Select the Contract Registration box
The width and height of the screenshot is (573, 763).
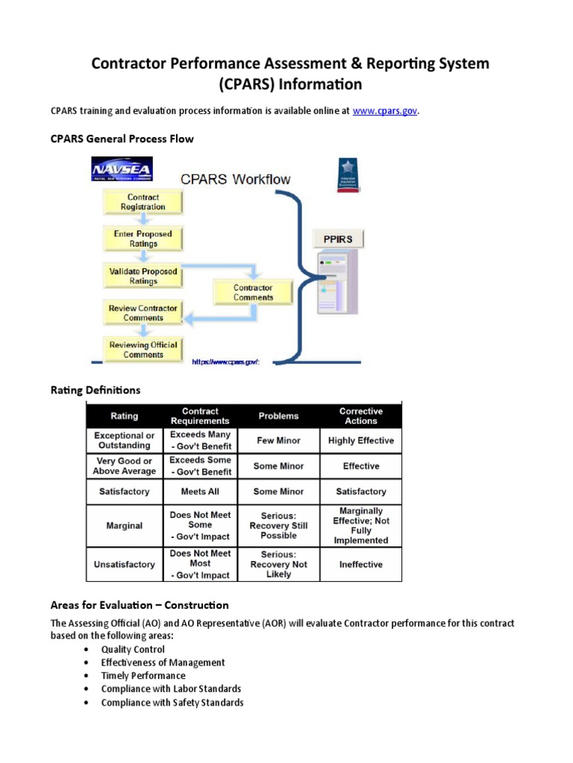143,202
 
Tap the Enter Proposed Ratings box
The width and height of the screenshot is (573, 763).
143,238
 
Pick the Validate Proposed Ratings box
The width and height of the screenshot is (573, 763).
143,276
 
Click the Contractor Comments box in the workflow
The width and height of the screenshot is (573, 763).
253,292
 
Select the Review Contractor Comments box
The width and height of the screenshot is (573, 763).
143,313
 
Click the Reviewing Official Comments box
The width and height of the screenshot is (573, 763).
143,349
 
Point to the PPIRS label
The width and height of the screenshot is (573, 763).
337,239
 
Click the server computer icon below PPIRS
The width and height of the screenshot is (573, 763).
337,281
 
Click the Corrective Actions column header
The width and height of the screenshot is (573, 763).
360,416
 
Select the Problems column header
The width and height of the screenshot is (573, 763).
278,416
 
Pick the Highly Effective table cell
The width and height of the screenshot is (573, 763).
360,440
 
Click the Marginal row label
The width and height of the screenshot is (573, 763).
124,525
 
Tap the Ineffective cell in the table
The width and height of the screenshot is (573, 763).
360,564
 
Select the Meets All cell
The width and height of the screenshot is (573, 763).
201,491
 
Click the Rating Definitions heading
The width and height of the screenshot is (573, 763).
95,390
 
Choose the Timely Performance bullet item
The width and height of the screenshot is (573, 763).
143,676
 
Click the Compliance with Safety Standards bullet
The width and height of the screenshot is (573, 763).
172,703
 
